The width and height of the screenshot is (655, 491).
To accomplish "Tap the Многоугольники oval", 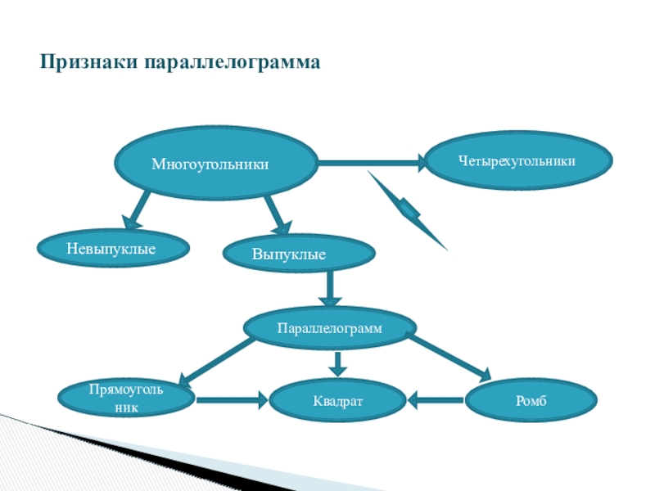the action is [x=215, y=164].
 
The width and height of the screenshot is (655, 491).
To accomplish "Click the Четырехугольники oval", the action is [x=516, y=162].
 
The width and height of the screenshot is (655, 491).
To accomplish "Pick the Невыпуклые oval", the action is [x=111, y=246].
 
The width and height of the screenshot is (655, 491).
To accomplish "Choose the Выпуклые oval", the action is [x=300, y=255].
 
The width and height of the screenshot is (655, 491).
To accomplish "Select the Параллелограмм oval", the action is [x=329, y=327].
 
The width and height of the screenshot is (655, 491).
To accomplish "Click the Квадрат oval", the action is [x=337, y=401].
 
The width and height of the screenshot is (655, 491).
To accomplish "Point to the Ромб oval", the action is [x=531, y=401].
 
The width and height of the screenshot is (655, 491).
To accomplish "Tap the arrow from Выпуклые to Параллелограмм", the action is [x=330, y=288].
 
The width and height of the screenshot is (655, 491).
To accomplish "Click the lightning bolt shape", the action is [x=408, y=209].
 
